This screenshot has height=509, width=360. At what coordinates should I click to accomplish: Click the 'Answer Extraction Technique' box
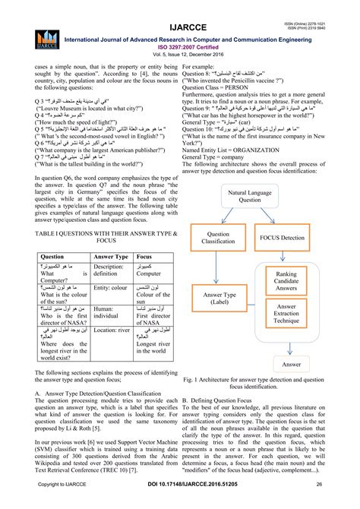point(293,315)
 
